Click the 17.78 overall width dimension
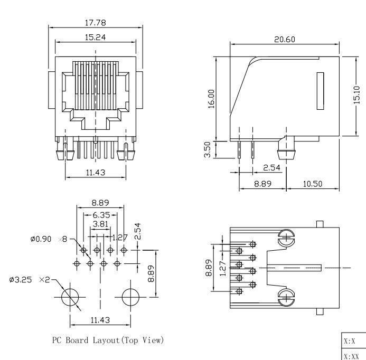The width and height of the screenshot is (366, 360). (95, 23)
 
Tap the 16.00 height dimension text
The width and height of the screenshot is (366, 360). (211, 99)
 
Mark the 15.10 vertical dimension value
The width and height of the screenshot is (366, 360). (356, 95)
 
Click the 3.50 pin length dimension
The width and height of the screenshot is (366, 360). (208, 149)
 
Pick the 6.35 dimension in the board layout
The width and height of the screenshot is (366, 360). (100, 215)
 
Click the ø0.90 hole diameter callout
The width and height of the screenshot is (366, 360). (41, 239)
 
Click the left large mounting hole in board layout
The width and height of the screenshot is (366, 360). (70, 297)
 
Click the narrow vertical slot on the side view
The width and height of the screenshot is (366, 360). (320, 91)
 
